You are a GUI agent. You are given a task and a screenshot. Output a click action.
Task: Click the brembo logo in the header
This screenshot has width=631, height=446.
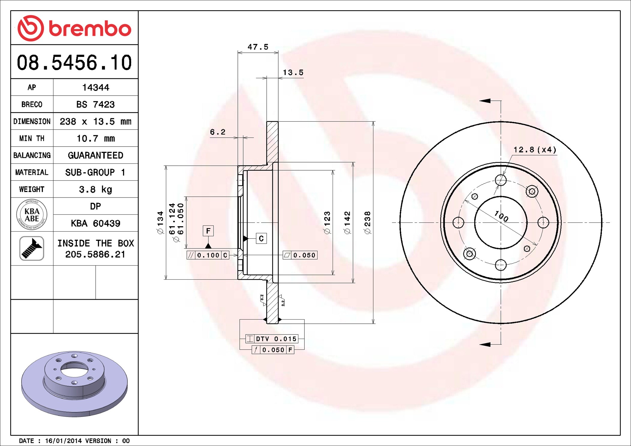tap(74, 28)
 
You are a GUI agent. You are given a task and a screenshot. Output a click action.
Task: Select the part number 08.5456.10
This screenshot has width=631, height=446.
tap(74, 63)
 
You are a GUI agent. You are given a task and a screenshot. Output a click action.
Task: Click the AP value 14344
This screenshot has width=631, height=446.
tap(96, 88)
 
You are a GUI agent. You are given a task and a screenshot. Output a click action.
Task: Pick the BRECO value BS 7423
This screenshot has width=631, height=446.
tap(95, 104)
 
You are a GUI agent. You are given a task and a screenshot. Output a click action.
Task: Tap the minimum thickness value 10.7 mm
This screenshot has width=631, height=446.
tap(96, 138)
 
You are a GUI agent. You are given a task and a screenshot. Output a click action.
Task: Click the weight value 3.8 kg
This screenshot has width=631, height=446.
tap(96, 189)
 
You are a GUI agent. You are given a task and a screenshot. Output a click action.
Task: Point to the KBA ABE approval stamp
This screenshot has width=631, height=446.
tap(32, 215)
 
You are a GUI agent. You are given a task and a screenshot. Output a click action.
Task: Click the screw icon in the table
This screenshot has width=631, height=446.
tap(32, 248)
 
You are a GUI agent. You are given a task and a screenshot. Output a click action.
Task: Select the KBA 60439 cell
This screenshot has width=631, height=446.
tap(96, 223)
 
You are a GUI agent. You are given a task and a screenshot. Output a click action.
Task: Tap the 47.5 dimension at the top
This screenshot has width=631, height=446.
tap(258, 47)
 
